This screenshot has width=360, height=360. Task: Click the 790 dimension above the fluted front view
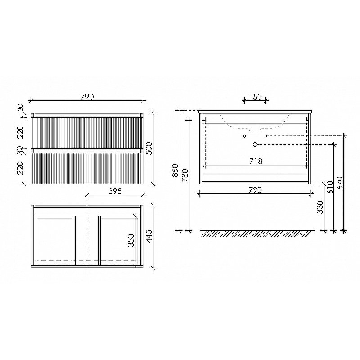tap(86, 96)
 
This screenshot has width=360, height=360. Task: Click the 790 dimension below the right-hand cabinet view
tap(255, 189)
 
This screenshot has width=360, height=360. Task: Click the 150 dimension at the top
tap(255, 96)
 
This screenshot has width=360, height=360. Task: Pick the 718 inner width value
tap(255, 161)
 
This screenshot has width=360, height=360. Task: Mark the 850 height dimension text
tap(175, 170)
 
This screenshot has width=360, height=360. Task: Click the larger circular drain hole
tap(256, 144)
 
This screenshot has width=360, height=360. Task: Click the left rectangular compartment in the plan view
tap(54, 239)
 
